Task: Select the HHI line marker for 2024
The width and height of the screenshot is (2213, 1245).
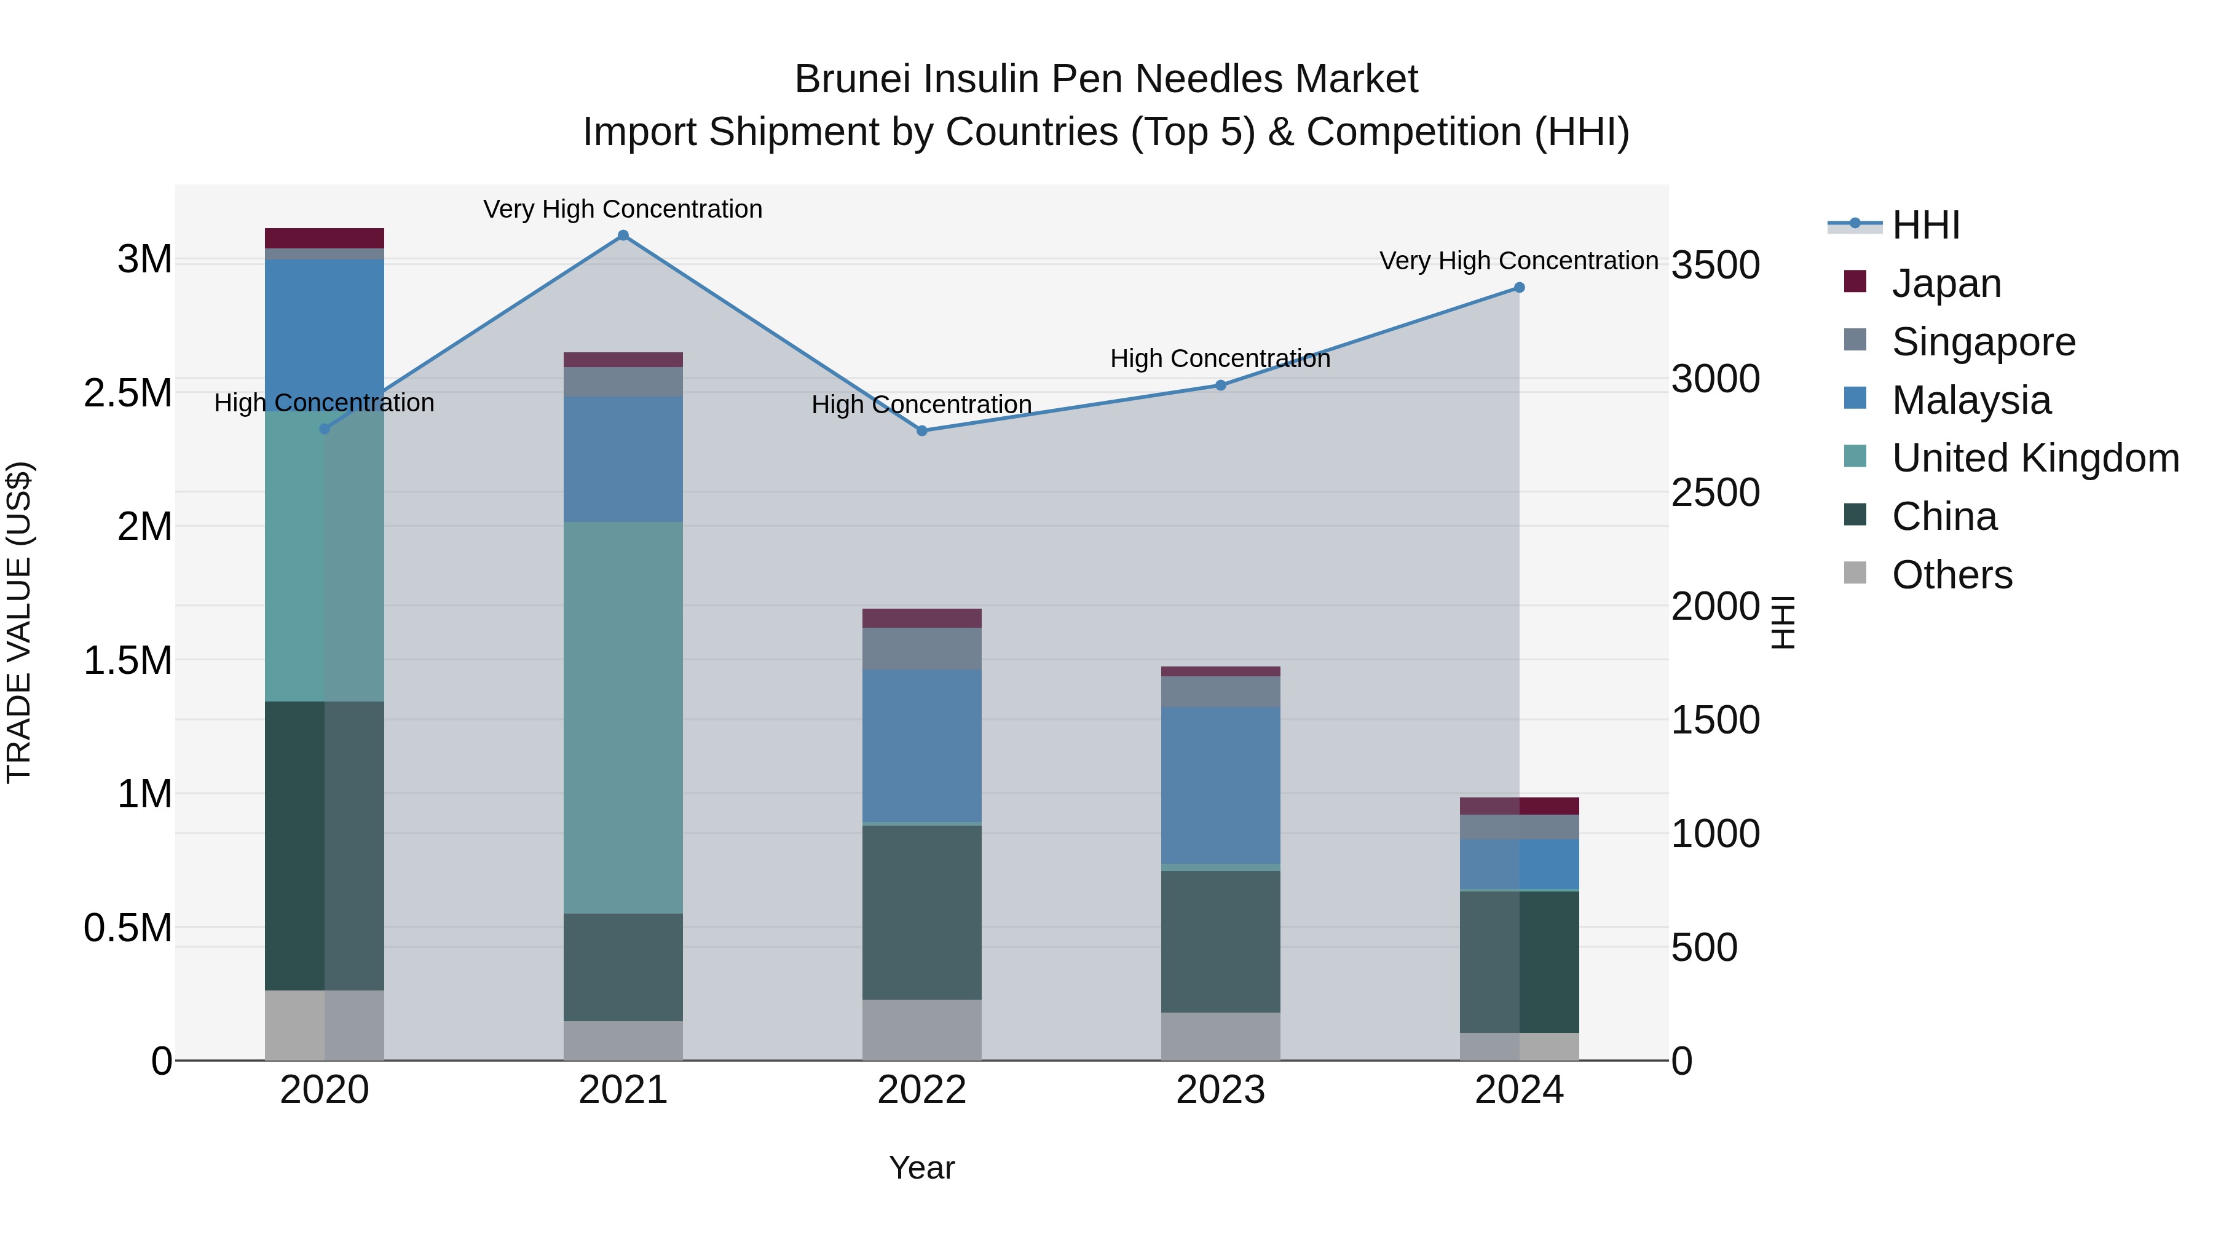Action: [1519, 288]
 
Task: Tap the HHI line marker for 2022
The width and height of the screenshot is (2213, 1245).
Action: [922, 430]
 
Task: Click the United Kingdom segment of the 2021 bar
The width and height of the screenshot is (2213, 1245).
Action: [623, 717]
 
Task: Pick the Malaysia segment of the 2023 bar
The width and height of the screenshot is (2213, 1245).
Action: [1220, 785]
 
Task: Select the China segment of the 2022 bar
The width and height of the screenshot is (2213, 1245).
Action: [922, 912]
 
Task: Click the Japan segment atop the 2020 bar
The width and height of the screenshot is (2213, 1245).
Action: [324, 238]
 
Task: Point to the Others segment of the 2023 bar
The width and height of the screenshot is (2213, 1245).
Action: [1220, 1036]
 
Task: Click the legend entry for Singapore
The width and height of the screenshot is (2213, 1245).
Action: [1982, 342]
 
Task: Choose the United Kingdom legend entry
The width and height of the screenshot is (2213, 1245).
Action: [2034, 458]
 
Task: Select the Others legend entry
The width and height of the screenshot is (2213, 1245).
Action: [1951, 575]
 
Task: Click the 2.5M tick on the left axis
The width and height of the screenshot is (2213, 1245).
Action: [128, 393]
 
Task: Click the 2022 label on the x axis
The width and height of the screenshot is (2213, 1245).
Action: [922, 1090]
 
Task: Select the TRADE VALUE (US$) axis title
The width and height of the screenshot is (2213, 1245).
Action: [19, 622]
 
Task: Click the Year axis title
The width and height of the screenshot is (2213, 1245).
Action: [922, 1168]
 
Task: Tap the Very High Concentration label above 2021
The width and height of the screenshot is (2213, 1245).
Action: [623, 209]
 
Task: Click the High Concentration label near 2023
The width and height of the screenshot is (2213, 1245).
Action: [1220, 358]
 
